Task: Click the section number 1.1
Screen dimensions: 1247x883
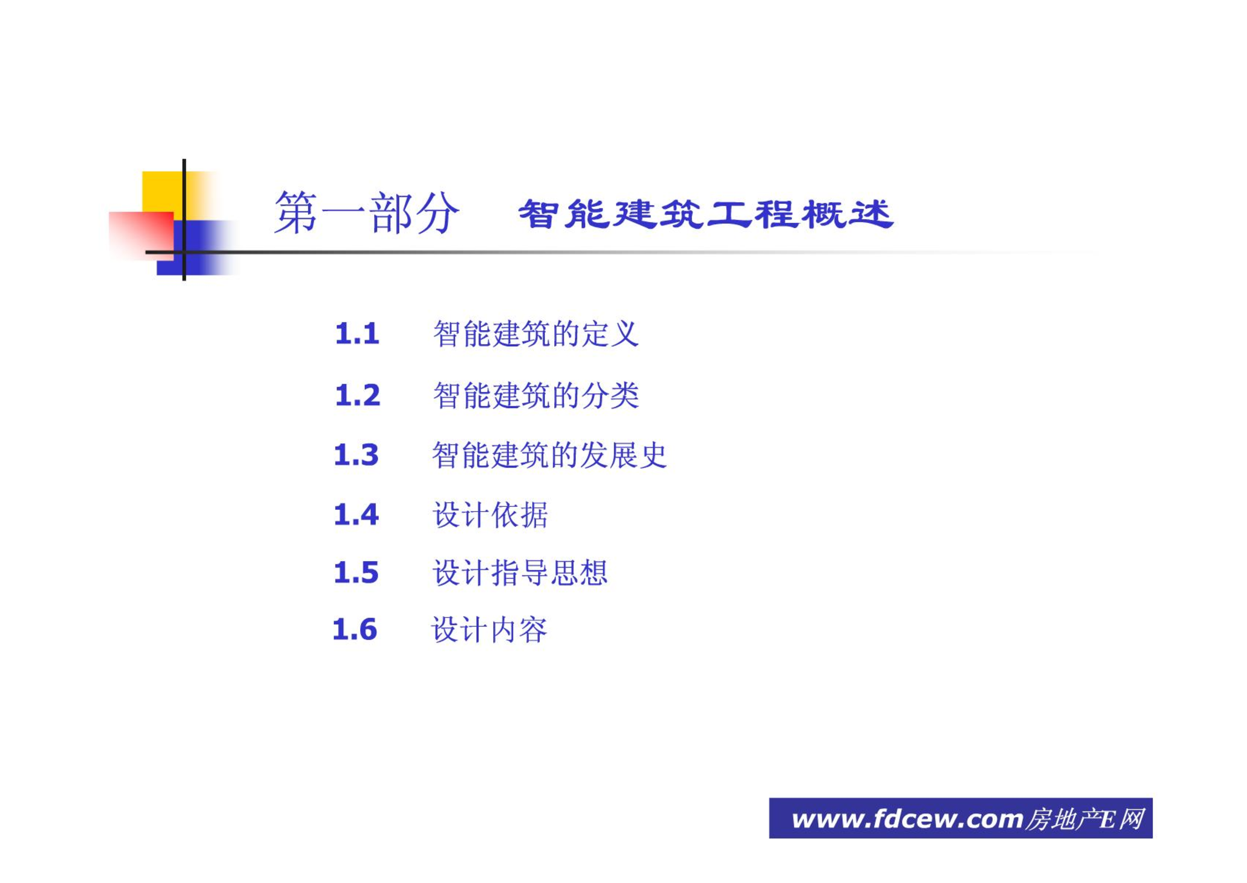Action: [357, 333]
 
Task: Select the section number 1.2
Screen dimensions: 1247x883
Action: [357, 395]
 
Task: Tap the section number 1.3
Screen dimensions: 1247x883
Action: [356, 455]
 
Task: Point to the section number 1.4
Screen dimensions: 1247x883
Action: [356, 514]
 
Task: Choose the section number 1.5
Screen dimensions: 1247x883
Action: [356, 572]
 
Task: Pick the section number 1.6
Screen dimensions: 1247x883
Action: [355, 629]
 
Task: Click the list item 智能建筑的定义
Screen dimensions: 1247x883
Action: [536, 333]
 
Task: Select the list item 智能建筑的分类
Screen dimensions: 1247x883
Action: [536, 395]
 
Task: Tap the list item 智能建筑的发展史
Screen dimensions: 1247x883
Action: [549, 455]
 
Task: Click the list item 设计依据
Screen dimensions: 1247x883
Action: [490, 515]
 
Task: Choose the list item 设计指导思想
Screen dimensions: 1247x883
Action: [520, 572]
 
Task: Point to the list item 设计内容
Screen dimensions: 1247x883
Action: [489, 630]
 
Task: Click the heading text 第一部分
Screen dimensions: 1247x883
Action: [367, 213]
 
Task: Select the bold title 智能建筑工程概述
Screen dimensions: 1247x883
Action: [706, 214]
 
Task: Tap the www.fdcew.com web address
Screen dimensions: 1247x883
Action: [908, 819]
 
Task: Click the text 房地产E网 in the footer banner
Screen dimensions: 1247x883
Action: [1085, 819]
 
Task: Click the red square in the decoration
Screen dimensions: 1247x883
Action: [141, 236]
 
